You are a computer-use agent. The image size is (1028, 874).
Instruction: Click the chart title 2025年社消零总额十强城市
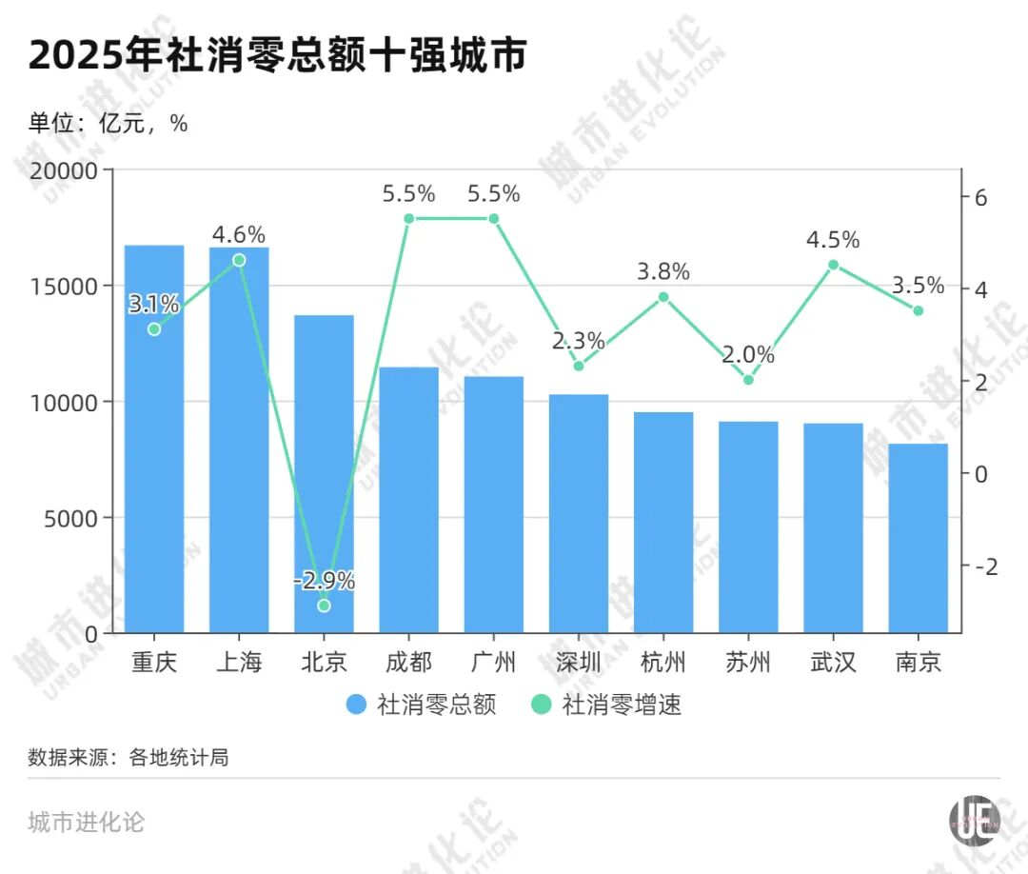pos(277,56)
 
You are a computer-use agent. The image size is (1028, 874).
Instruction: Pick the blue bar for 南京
pos(919,538)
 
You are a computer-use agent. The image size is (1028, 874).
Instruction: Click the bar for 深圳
pos(579,514)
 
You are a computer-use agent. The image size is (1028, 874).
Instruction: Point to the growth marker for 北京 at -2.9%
pos(324,606)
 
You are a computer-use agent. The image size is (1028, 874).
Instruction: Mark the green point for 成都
pos(409,218)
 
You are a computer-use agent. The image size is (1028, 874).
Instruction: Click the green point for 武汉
pos(833,265)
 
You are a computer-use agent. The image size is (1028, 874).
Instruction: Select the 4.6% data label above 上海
pos(239,234)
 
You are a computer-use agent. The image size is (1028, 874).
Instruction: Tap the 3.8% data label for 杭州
pos(663,271)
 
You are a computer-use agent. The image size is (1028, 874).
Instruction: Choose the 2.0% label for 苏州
pos(748,355)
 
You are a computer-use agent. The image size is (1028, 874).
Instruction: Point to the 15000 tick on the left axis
pos(69,287)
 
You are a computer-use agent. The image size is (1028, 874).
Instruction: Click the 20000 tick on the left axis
pos(69,171)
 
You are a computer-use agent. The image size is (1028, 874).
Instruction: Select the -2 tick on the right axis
pos(986,566)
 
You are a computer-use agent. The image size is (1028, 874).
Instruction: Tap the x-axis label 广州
pos(494,662)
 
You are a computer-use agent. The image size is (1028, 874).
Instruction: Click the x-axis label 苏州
pos(748,662)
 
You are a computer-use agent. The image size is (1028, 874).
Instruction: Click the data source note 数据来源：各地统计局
pos(128,758)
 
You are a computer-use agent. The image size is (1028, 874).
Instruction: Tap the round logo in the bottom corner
pos(975,820)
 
